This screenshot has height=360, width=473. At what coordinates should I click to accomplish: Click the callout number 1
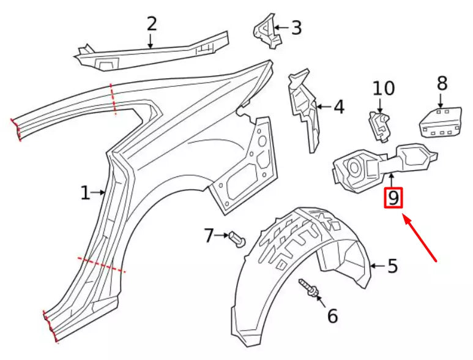[x=85, y=193]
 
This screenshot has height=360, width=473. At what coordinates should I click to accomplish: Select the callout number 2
[x=151, y=24]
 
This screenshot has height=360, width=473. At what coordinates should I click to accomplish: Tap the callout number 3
[x=296, y=28]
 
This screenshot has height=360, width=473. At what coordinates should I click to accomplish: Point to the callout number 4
[x=338, y=107]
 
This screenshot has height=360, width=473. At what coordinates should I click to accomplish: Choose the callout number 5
[x=392, y=266]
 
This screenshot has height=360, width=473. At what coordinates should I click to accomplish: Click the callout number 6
[x=332, y=316]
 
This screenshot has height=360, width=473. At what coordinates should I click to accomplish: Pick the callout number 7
[x=209, y=235]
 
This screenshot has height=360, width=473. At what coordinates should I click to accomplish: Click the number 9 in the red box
[x=393, y=198]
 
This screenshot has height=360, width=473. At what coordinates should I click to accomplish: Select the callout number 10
[x=384, y=89]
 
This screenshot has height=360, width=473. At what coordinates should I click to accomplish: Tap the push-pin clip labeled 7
[x=237, y=239]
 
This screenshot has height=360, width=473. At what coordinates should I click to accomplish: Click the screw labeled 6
[x=308, y=290]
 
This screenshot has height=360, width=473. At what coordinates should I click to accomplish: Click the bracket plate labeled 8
[x=439, y=122]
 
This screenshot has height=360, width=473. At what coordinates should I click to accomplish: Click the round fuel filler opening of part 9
[x=354, y=165]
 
